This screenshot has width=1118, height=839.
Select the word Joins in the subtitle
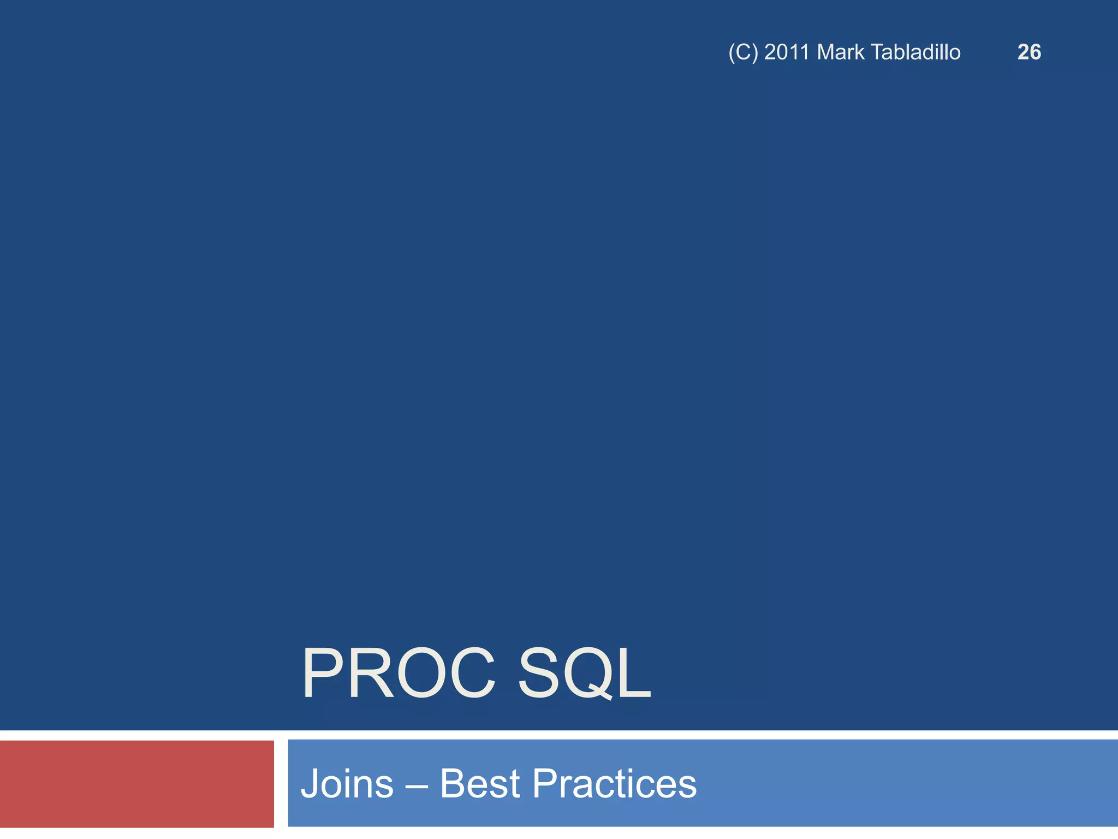pos(347,784)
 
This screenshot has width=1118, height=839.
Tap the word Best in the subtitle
pos(479,784)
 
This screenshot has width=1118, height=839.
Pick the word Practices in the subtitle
pos(614,784)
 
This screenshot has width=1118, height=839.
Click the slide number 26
pos(1029,52)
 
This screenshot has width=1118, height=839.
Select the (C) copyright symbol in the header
pos(743,52)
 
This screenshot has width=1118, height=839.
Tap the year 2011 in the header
pos(786,52)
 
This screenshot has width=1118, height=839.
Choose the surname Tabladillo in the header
pos(915,52)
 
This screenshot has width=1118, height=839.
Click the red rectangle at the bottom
pos(136,784)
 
